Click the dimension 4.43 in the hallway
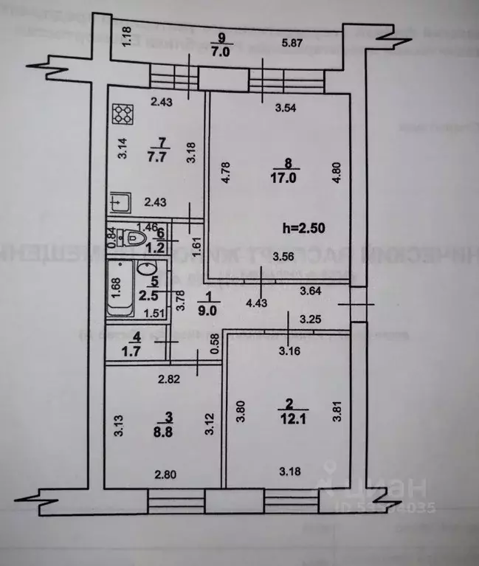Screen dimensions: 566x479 click(x=257, y=302)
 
